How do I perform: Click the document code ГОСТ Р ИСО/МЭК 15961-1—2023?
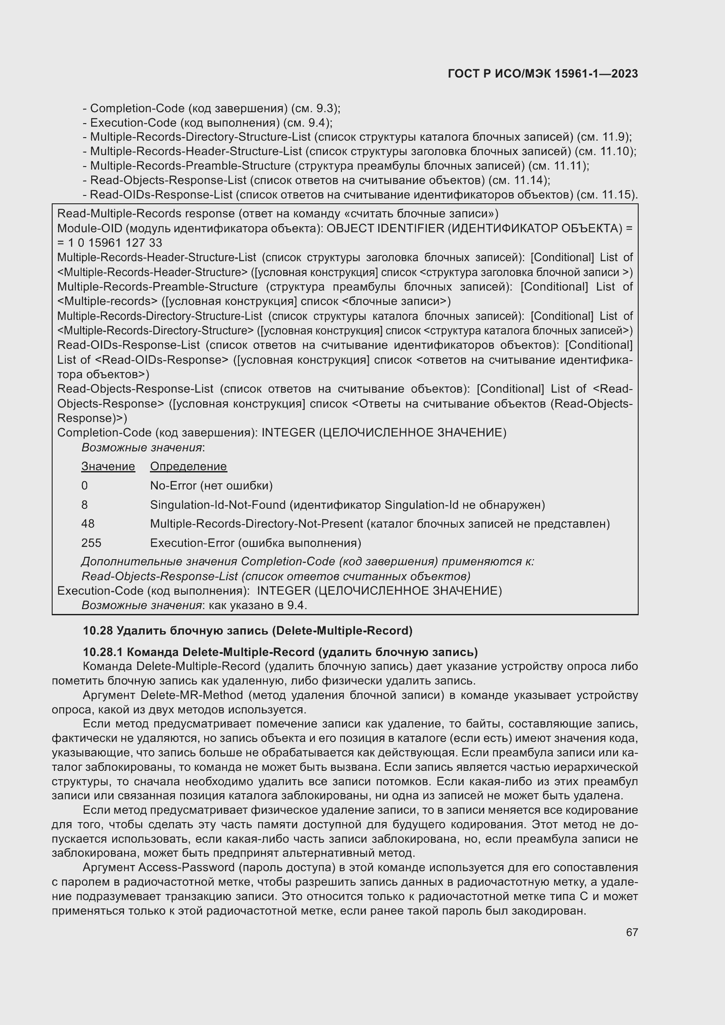click(x=542, y=74)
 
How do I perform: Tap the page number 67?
click(x=632, y=932)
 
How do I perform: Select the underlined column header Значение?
click(x=108, y=467)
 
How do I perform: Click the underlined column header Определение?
click(x=188, y=467)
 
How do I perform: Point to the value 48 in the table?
click(x=88, y=524)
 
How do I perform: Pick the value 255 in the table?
click(x=91, y=543)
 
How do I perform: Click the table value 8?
click(x=84, y=505)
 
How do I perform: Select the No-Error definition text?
click(x=211, y=486)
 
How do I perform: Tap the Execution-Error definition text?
click(x=256, y=543)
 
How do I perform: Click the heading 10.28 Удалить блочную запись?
click(x=247, y=631)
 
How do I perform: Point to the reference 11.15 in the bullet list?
click(x=615, y=195)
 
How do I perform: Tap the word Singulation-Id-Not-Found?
click(x=217, y=505)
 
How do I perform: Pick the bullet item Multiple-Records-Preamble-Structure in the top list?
click(x=190, y=166)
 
